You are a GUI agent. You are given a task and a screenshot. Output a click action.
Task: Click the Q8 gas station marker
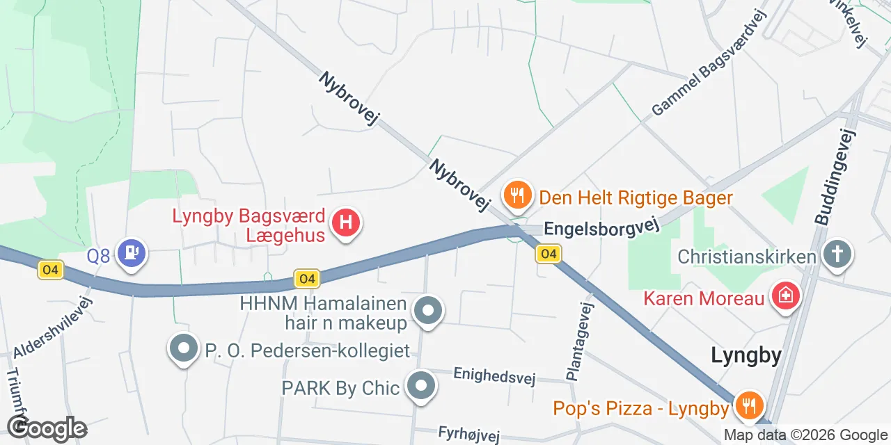[x=132, y=254]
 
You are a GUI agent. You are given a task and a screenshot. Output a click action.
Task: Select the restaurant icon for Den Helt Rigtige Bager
[x=517, y=196]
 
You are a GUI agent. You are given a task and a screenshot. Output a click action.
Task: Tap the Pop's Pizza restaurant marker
[x=749, y=405]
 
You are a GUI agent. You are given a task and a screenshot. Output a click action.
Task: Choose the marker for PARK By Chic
[x=421, y=386]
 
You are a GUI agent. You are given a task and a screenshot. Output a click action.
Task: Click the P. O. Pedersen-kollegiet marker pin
[x=184, y=349]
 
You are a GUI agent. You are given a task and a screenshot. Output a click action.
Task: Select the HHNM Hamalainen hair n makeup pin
[x=428, y=311]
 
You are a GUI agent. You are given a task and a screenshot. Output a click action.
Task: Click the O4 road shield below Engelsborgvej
[x=549, y=254]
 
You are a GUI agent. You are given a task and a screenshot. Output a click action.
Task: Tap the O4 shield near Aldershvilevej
[x=52, y=270]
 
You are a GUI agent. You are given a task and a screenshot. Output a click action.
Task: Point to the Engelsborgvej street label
[x=600, y=228]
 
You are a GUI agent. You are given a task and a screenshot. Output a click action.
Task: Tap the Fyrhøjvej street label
[x=469, y=434]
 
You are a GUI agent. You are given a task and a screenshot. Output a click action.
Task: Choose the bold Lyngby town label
[x=746, y=356]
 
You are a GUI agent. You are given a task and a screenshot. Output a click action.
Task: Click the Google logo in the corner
[x=47, y=428]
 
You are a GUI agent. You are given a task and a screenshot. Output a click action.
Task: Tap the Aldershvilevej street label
[x=53, y=327]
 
